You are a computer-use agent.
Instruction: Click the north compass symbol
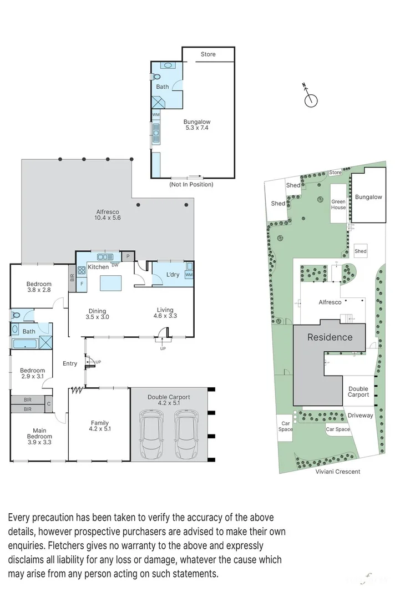pyautogui.click(x=311, y=99)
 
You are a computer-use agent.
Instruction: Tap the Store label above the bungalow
pyautogui.click(x=208, y=54)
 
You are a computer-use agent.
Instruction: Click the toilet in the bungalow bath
pyautogui.click(x=157, y=77)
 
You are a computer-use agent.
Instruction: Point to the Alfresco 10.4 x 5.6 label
pyautogui.click(x=108, y=215)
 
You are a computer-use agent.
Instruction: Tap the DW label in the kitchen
pyautogui.click(x=115, y=265)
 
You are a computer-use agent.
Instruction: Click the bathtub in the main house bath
pyautogui.click(x=24, y=344)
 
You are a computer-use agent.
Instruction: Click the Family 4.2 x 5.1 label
pyautogui.click(x=100, y=426)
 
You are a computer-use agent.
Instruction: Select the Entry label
pyautogui.click(x=70, y=363)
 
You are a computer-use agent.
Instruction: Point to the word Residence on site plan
pyautogui.click(x=330, y=337)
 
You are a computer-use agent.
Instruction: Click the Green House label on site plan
pyautogui.click(x=338, y=205)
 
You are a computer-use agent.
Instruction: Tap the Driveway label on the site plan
pyautogui.click(x=359, y=415)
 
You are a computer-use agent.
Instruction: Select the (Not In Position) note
pyautogui.click(x=191, y=184)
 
